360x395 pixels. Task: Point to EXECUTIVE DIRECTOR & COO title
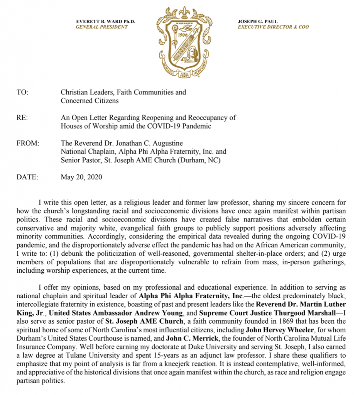(273, 27)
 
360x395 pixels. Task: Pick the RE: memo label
(22, 118)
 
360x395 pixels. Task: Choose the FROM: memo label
(28, 143)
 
